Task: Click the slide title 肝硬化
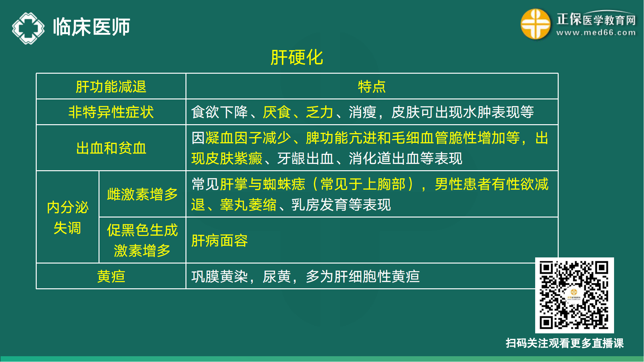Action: click(x=297, y=58)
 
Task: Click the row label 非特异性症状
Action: click(x=111, y=112)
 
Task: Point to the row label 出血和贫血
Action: click(x=111, y=148)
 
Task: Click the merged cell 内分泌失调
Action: click(x=67, y=218)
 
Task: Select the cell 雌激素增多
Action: click(x=142, y=194)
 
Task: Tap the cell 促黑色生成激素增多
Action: click(x=142, y=240)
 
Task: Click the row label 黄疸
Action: click(x=111, y=276)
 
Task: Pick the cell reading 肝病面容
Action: click(x=220, y=241)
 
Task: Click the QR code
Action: click(x=574, y=295)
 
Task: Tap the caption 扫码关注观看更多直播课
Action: click(x=564, y=343)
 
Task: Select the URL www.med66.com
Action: click(x=596, y=33)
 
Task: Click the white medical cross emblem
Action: click(x=28, y=28)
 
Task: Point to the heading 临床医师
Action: click(x=91, y=27)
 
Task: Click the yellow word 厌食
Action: click(x=277, y=112)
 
